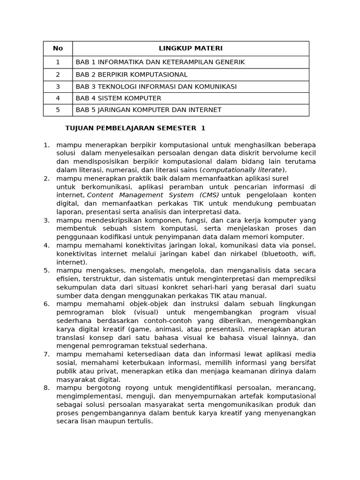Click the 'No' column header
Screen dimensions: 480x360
[58, 48]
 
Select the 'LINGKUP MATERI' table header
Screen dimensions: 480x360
[190, 48]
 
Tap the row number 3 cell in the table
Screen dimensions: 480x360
[58, 87]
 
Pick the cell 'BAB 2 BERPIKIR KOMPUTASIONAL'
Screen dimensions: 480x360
[131, 75]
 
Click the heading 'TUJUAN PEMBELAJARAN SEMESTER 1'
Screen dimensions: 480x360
[135, 128]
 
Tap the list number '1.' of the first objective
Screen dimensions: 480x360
[46, 145]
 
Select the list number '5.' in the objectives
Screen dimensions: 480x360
[46, 270]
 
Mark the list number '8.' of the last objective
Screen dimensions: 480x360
[46, 388]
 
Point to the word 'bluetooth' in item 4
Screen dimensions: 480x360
[280, 254]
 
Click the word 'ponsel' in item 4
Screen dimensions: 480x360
[305, 246]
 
